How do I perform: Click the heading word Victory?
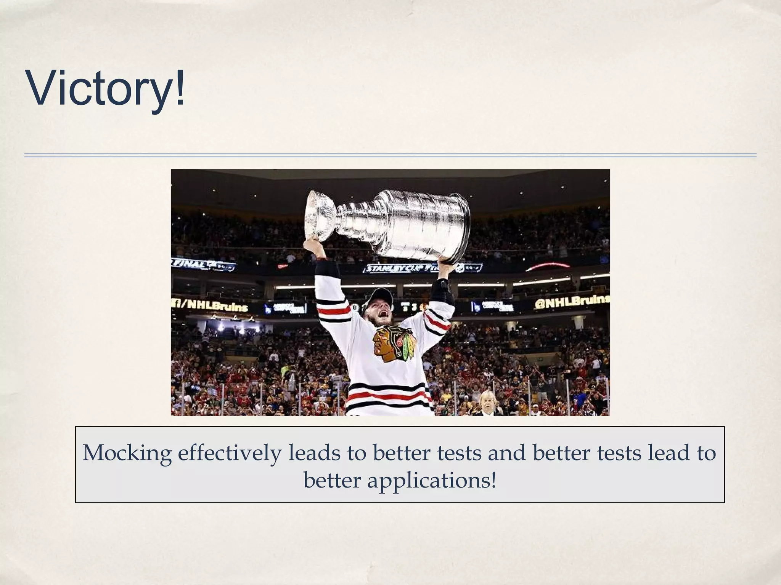coord(106,89)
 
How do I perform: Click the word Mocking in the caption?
coord(127,454)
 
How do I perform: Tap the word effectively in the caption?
coord(230,453)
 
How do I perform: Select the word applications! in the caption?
coord(432,481)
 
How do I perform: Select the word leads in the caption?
coord(314,453)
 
